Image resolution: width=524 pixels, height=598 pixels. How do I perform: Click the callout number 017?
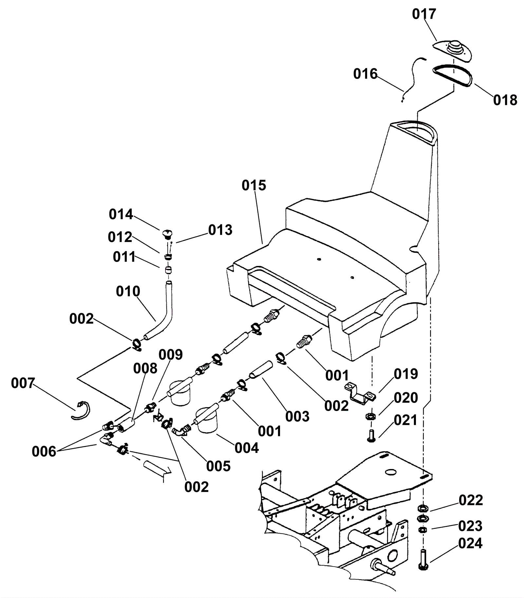pos(424,14)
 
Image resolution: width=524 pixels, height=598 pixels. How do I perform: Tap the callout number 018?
pos(505,100)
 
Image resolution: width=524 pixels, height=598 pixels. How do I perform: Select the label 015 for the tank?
pos(254,185)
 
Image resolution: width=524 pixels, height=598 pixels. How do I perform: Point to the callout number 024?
pos(470,543)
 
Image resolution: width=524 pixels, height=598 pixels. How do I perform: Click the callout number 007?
pos(23,383)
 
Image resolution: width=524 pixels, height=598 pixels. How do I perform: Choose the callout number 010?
pos(128,291)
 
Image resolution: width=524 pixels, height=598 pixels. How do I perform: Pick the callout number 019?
pos(406,374)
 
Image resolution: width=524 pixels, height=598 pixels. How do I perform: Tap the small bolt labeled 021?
pos(371,436)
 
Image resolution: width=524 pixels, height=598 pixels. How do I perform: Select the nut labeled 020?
pos(370,416)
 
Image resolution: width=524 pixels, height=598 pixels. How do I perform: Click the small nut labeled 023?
pos(423,530)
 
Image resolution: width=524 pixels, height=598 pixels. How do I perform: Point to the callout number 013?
pos(220,230)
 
